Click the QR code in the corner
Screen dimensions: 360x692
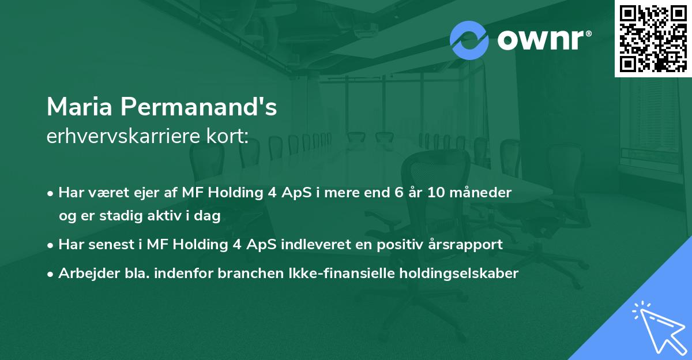click(x=653, y=39)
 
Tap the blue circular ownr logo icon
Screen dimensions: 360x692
click(x=469, y=40)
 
